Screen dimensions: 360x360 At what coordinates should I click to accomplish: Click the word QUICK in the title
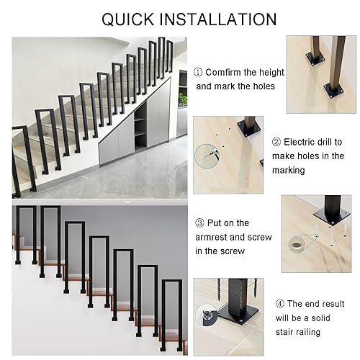tap(128, 19)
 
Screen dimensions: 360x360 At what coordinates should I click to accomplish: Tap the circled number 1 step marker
tap(198, 72)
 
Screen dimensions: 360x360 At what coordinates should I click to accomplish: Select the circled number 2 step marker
tap(276, 142)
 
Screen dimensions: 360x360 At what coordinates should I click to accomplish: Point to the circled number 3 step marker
tap(199, 223)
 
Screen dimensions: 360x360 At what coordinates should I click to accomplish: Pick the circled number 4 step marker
tap(280, 304)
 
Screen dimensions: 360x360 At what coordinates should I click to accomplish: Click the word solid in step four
tap(320, 318)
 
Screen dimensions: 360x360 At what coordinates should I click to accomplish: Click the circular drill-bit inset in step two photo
tap(207, 156)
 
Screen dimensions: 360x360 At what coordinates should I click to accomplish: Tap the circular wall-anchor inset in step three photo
tap(297, 246)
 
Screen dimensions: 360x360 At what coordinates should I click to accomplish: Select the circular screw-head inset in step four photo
tap(206, 315)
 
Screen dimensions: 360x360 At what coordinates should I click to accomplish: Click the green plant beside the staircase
tap(183, 99)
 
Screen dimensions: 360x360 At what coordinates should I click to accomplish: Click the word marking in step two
tap(289, 171)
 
